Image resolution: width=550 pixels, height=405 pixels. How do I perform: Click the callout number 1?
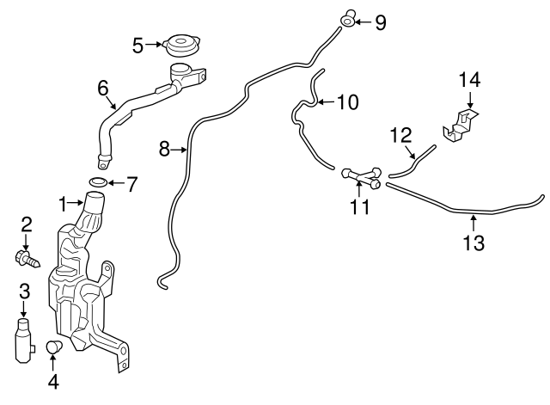pos(62,204)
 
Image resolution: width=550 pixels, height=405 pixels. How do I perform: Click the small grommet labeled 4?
pos(55,348)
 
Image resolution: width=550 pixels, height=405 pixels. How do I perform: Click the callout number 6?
pos(103,87)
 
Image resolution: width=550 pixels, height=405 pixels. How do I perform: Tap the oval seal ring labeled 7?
pos(99,182)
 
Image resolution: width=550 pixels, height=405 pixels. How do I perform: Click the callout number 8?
pos(165,150)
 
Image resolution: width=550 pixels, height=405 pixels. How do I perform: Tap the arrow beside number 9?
pos(364,21)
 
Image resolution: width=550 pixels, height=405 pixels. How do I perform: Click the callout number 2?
pos(27,225)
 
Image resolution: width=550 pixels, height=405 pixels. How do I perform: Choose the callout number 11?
pos(359,206)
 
